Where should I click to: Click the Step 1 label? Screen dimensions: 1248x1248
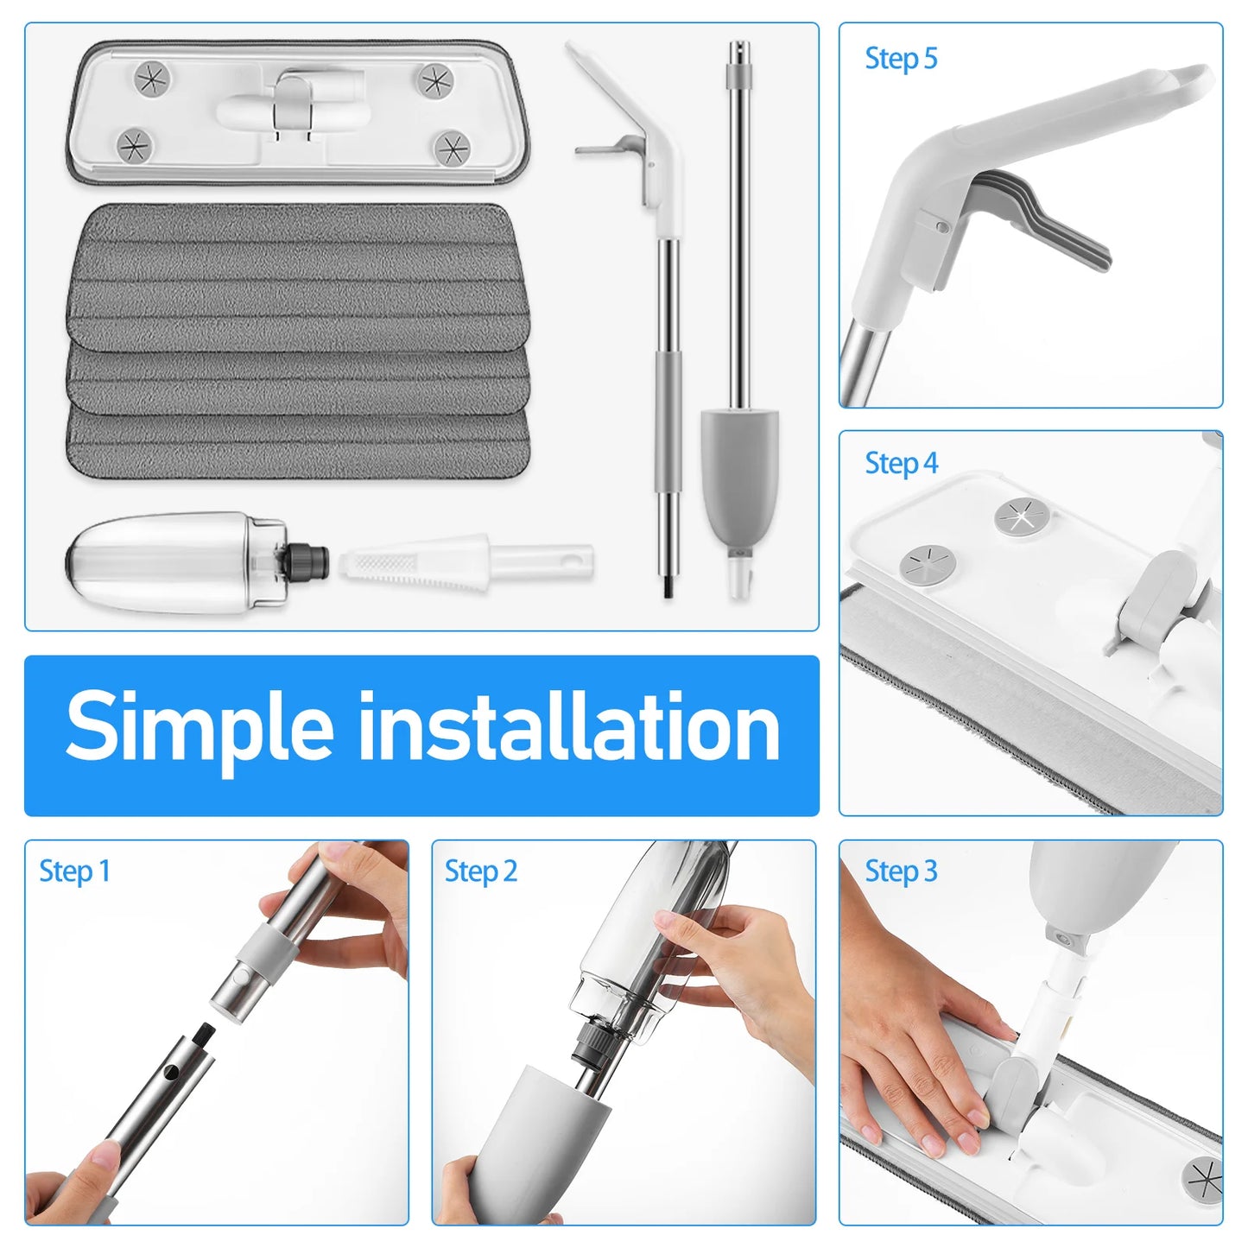[x=74, y=871]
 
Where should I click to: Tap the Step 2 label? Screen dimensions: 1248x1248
[x=481, y=871]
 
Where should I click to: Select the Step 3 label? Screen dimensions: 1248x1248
[x=901, y=871]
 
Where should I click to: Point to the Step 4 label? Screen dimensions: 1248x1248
[x=901, y=463]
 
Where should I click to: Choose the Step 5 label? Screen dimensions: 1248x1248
[x=901, y=59]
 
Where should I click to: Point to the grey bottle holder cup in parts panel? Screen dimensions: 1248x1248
[x=739, y=475]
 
